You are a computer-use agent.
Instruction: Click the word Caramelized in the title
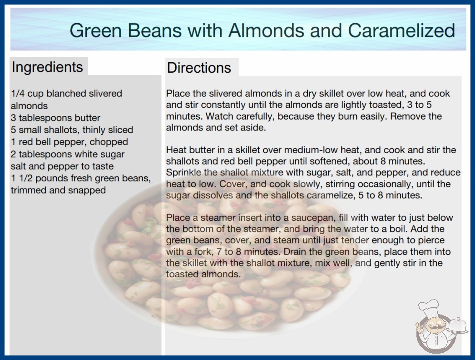401,30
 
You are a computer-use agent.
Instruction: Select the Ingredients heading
47,67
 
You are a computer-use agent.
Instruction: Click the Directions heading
199,68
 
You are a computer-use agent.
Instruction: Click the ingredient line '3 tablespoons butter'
55,118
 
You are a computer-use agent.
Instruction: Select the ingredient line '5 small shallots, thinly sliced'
72,130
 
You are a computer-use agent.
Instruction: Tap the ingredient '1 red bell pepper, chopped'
69,142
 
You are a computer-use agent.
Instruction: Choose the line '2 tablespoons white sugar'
68,154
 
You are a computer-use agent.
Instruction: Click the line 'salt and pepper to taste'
62,166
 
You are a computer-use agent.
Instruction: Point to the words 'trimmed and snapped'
58,190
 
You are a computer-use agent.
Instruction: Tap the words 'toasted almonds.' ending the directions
203,274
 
